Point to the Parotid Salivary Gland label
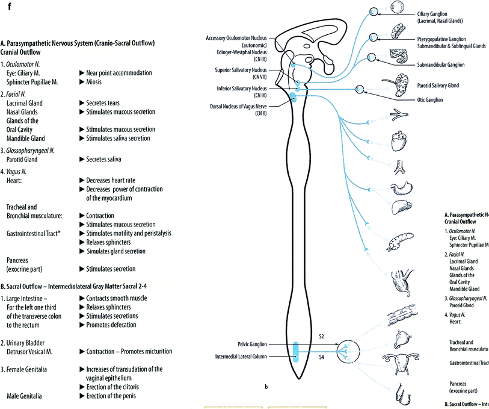point(438,86)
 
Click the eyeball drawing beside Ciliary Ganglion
point(398,8)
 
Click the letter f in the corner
point(3,7)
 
